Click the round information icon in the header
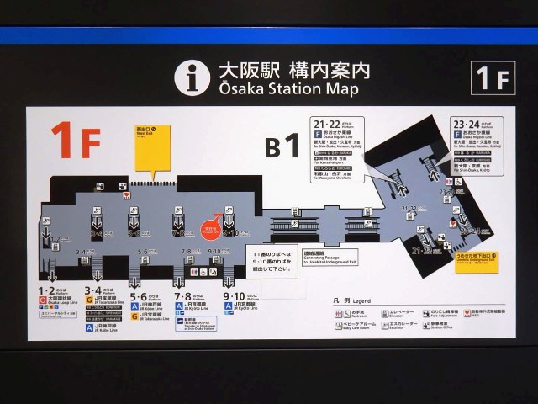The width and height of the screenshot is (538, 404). [x=192, y=77]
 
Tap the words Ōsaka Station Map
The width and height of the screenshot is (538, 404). [x=289, y=88]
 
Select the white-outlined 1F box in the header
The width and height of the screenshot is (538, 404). [x=493, y=78]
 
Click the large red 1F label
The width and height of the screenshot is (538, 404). [x=76, y=140]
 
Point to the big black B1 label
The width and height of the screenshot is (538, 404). [x=282, y=146]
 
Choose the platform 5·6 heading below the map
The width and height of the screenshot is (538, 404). [x=140, y=296]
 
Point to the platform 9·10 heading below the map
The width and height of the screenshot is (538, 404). [x=235, y=296]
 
